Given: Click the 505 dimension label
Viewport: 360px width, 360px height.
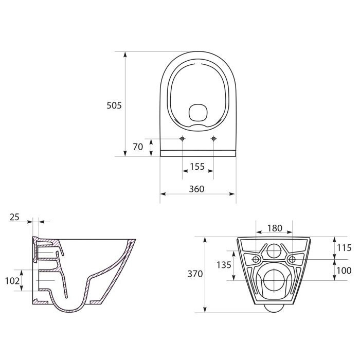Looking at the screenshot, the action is coord(114,105).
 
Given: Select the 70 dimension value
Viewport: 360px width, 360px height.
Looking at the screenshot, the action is coord(138,147).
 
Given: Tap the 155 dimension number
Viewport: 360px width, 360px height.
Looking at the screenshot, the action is coord(197,167).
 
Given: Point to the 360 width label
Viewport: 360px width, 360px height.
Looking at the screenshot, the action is coord(196,189).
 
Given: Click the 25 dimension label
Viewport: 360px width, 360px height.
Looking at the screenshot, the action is coord(14,217).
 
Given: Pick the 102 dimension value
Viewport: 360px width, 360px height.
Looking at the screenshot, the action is coord(12,281).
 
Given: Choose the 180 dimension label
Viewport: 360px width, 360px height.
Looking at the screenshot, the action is coord(275,228).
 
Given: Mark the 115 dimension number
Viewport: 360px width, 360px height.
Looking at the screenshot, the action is coord(344,248).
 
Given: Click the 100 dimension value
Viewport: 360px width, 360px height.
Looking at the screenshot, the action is coord(344,271).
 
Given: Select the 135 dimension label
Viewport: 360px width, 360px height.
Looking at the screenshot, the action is coord(224,265).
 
